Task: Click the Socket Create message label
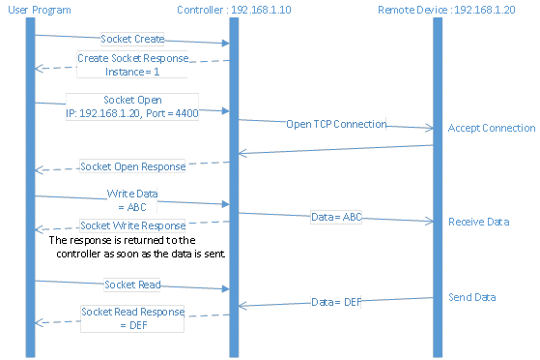pos(132,40)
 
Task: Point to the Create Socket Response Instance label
pos(131,65)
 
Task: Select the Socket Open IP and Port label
pos(131,105)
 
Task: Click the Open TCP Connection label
pos(336,124)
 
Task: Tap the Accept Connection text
pos(492,128)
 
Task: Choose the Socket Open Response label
pos(131,166)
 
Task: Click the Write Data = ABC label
pos(131,199)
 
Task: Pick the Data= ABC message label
pos(336,217)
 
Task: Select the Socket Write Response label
pos(131,225)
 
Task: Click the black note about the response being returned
pos(135,246)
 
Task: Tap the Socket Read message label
pos(132,285)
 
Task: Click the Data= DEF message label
pos(336,302)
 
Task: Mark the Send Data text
pos(472,297)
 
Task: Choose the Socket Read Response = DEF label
pos(131,319)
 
